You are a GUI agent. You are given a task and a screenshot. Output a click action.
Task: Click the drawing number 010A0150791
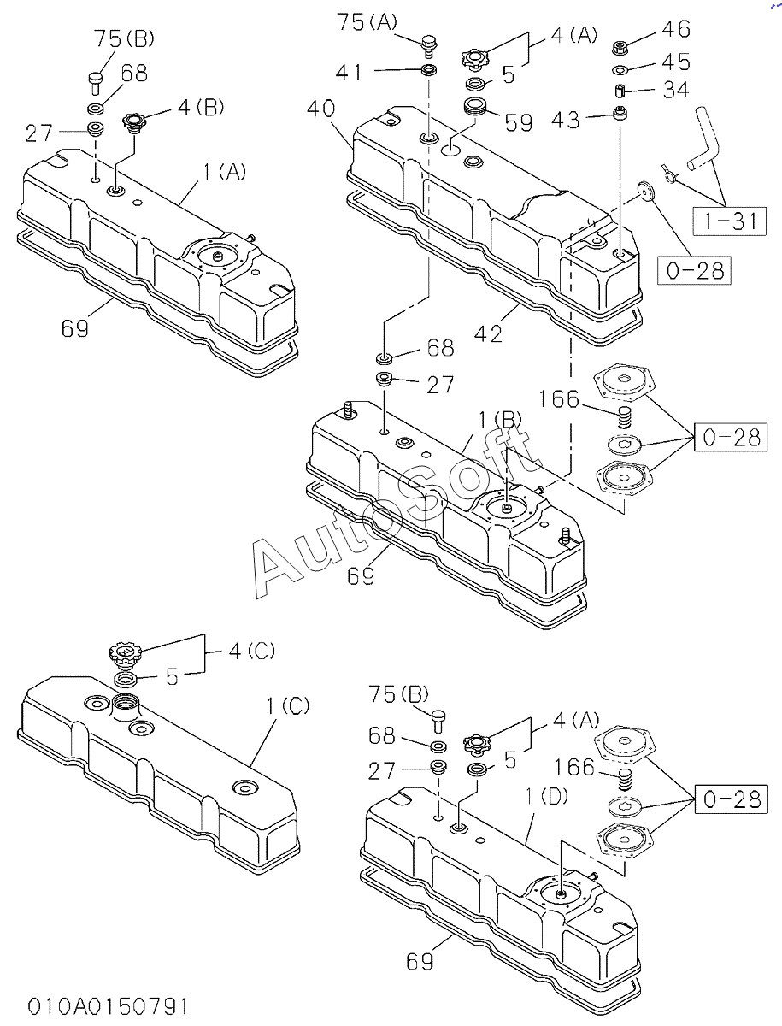pos(108,1005)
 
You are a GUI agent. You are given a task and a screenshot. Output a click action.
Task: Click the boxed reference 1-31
pos(729,221)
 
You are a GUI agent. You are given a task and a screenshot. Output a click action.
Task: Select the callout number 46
pos(676,29)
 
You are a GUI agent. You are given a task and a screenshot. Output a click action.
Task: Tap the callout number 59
pos(519,122)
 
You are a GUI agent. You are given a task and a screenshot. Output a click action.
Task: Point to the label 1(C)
pos(288,706)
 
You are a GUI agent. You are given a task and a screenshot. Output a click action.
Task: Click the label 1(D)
pos(547,796)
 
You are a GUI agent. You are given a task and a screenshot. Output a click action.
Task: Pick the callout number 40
pos(321,109)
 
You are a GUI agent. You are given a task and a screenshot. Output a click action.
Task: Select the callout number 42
pos(488,333)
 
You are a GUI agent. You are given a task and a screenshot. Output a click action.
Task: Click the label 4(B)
pos(201,108)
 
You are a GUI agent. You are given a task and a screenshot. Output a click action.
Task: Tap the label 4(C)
pos(252,651)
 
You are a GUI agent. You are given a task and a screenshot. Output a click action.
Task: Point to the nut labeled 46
pos(620,47)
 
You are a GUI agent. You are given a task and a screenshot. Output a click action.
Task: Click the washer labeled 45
pos(620,70)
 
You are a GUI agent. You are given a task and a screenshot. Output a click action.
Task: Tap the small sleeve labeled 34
pos(620,91)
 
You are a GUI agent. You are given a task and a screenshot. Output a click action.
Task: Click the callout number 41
pos(349,72)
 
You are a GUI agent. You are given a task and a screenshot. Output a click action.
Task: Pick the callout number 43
pos(565,120)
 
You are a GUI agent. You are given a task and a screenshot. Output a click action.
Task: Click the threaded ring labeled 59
pos(475,109)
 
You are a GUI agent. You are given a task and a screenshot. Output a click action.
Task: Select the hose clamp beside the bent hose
pos(668,174)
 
